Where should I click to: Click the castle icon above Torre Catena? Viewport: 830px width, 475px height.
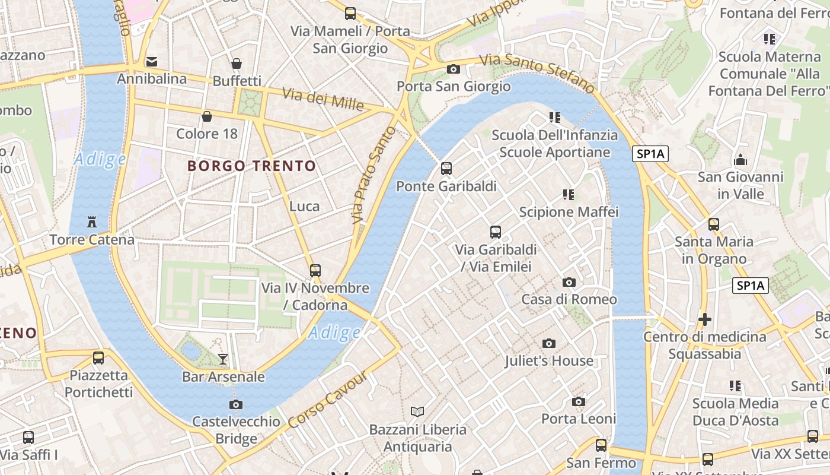tap(92, 222)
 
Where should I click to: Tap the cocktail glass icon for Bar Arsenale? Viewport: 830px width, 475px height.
tap(223, 359)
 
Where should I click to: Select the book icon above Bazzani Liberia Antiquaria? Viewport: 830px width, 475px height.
tap(417, 411)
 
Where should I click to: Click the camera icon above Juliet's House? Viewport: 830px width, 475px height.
tap(549, 343)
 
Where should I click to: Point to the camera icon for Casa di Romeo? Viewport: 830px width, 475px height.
tap(569, 282)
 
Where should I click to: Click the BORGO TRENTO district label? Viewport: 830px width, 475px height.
tap(252, 166)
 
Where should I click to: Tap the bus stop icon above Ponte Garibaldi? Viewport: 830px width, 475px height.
tap(446, 169)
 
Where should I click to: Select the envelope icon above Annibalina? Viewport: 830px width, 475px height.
tap(152, 61)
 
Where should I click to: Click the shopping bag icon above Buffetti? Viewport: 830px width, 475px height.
tap(237, 64)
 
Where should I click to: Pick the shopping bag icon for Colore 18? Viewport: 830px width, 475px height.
tap(207, 116)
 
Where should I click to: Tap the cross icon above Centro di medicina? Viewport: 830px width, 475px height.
tap(705, 319)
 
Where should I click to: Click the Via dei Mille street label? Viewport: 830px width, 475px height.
tap(323, 99)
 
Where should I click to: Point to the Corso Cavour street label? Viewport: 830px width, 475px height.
tap(328, 400)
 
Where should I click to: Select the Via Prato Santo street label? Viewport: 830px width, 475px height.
tap(373, 175)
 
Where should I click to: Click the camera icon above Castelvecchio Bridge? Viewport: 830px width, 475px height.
tap(236, 404)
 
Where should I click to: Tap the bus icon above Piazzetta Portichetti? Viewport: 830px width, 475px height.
tap(98, 358)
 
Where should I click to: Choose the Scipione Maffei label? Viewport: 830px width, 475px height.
tap(569, 212)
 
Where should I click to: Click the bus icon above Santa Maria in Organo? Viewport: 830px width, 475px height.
tap(714, 224)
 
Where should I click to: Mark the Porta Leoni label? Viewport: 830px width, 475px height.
tap(579, 419)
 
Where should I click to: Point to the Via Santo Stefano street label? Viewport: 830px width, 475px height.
tap(537, 73)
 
